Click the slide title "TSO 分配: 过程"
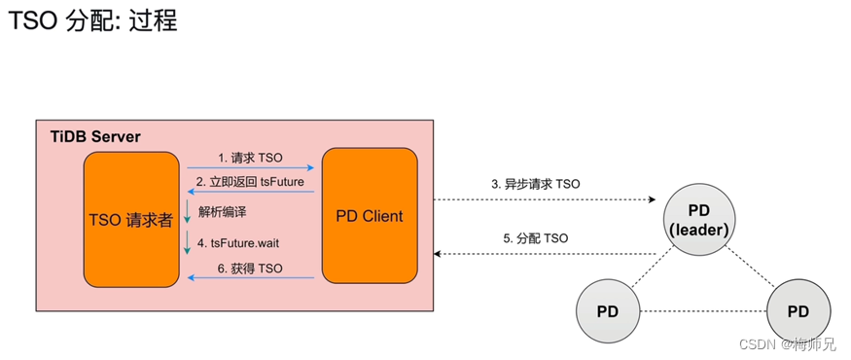[93, 21]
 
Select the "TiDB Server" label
[95, 137]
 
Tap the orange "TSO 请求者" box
[130, 219]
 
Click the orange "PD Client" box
[370, 216]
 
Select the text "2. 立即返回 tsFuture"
[250, 182]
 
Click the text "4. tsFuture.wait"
[244, 242]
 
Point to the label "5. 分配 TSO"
[536, 238]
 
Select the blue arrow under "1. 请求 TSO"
[250, 167]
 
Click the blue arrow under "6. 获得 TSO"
[250, 278]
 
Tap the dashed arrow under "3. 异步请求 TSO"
[545, 199]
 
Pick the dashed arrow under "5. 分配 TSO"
[545, 254]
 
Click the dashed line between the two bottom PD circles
[703, 311]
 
